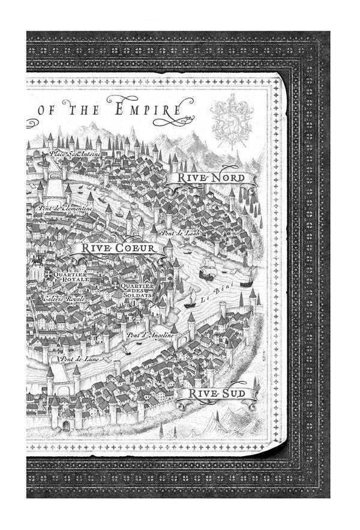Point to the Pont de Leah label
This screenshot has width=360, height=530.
coord(178,232)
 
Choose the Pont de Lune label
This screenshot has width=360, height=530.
coord(74,358)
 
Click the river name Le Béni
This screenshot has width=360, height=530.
coord(214,298)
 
